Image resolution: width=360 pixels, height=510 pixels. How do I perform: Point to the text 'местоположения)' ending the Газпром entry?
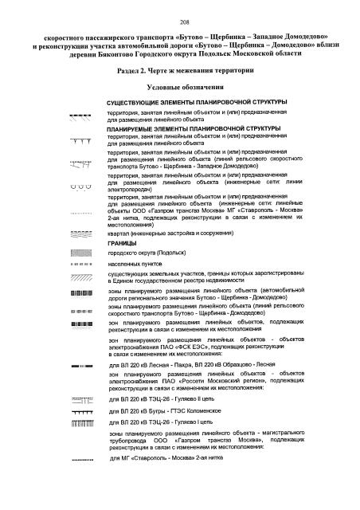[x=132, y=225]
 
